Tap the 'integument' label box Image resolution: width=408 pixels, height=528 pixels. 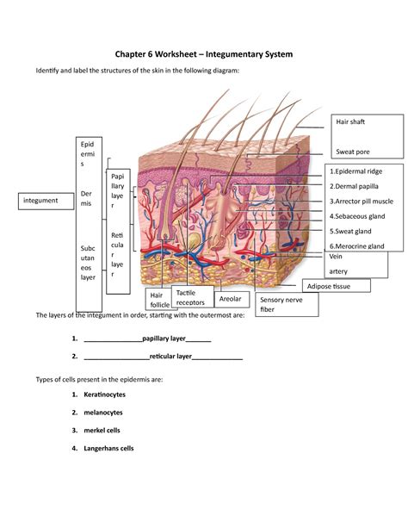pyautogui.click(x=41, y=201)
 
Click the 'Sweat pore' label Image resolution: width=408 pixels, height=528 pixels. pyautogui.click(x=353, y=152)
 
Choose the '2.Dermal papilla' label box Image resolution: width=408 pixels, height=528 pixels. pyautogui.click(x=355, y=186)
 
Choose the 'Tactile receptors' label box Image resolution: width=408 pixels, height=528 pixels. pyautogui.click(x=190, y=298)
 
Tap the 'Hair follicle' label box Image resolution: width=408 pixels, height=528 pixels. pyautogui.click(x=160, y=300)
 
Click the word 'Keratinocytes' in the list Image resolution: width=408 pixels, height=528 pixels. pyautogui.click(x=109, y=394)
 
